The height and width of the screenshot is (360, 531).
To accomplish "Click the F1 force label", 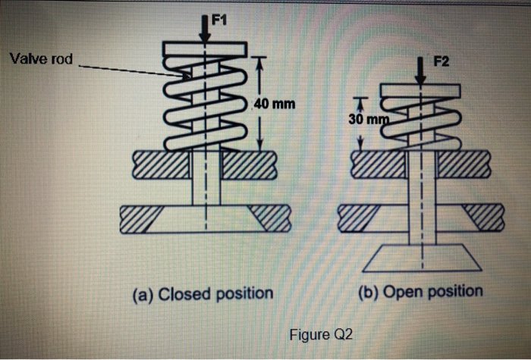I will (x=217, y=19).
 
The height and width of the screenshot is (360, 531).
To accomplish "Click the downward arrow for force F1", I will (x=204, y=29).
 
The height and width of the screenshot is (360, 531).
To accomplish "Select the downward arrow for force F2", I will (x=419, y=72).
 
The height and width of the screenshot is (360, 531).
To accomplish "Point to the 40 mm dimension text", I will (x=275, y=103).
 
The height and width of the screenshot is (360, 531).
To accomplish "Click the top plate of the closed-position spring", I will (x=204, y=49).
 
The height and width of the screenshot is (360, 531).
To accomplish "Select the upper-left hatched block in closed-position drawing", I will (x=160, y=164).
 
